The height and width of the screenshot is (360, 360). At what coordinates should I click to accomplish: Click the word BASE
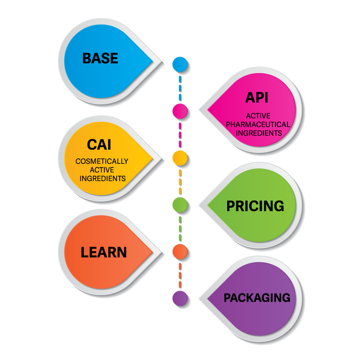pos(100,58)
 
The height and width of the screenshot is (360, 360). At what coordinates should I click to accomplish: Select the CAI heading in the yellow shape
pos(99,145)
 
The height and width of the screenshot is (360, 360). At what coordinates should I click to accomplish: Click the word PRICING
pos(255,206)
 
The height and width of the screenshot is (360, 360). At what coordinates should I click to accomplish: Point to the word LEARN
pos(103,252)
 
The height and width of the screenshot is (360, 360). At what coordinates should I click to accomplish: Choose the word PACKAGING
pos(257,297)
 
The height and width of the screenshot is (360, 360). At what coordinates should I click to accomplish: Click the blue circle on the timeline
pos(180,63)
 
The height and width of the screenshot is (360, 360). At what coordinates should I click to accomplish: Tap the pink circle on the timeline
pos(180,110)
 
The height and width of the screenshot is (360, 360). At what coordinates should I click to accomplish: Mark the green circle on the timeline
pos(180,204)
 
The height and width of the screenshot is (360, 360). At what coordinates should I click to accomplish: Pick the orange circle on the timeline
pos(180,251)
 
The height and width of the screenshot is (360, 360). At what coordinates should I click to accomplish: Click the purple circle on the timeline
pos(180,297)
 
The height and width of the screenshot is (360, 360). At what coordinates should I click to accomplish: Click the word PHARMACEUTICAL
pos(258,124)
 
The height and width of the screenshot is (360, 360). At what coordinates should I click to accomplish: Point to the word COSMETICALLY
pos(102,161)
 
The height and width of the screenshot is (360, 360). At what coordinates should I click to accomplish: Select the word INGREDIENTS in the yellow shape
pos(102,178)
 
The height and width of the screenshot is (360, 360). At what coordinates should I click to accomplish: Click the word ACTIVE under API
pos(258,116)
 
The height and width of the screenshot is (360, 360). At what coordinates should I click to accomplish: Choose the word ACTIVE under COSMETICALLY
pos(102,170)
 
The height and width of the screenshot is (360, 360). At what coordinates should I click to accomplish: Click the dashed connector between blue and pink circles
pos(180,87)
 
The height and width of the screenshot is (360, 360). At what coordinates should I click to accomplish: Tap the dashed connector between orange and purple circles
pos(180,274)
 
